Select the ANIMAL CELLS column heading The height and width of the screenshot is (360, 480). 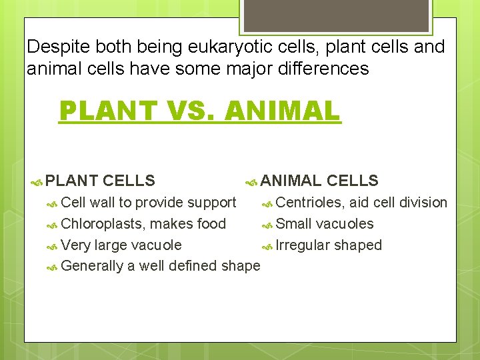(x=319, y=181)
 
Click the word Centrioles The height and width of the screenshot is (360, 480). (x=311, y=203)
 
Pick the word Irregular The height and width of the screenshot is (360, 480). (x=302, y=245)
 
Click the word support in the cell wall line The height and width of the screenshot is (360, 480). (x=212, y=203)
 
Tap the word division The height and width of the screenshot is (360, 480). (x=423, y=203)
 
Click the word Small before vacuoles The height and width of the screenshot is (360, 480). (x=293, y=224)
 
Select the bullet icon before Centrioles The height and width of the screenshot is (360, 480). (x=267, y=203)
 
